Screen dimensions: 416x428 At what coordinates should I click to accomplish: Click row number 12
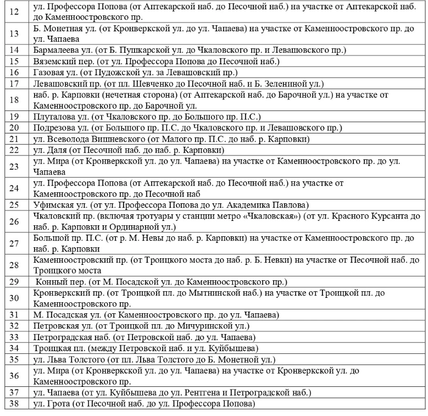[15, 11]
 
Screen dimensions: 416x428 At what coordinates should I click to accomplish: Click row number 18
[15, 100]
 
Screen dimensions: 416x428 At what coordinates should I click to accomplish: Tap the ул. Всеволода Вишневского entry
[171, 139]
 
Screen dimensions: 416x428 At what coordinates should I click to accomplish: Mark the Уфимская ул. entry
[170, 205]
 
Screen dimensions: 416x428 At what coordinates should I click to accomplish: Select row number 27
[15, 243]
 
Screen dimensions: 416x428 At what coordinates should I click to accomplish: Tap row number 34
[15, 348]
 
